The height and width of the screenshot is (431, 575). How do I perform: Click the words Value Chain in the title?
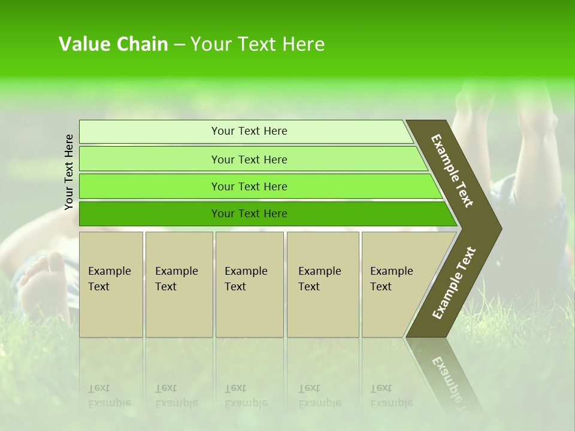click(x=113, y=44)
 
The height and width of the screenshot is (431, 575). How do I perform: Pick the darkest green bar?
click(x=150, y=214)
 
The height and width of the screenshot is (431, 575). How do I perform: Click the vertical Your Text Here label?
click(x=69, y=172)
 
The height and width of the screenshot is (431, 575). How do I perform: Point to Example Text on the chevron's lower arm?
click(x=454, y=283)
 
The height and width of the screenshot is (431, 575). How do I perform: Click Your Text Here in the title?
click(x=258, y=44)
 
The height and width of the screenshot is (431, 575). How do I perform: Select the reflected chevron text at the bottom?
click(x=449, y=377)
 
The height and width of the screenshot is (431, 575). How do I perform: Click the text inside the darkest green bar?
click(x=249, y=214)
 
